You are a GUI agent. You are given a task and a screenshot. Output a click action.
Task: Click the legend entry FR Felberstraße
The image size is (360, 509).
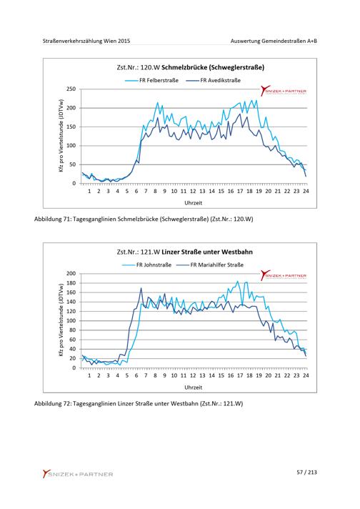(x=151, y=81)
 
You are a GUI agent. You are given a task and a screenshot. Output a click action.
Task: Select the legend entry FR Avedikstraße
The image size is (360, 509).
(x=214, y=81)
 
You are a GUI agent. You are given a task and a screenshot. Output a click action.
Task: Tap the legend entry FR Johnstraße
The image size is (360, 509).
(x=147, y=265)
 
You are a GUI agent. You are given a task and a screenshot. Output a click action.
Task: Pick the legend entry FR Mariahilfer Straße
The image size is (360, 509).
(x=210, y=265)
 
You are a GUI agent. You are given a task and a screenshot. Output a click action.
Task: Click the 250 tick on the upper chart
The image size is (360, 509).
(x=71, y=89)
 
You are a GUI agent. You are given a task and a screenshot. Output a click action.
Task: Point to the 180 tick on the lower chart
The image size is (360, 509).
(x=71, y=283)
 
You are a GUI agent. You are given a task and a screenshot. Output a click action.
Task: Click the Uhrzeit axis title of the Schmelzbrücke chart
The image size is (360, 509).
(x=194, y=203)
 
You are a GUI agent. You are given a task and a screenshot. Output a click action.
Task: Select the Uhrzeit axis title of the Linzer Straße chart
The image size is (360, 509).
(x=194, y=387)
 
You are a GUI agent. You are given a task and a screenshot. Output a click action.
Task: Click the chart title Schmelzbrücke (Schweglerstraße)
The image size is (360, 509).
(x=191, y=67)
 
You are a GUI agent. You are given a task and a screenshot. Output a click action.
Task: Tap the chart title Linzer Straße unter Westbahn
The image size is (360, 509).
(x=184, y=252)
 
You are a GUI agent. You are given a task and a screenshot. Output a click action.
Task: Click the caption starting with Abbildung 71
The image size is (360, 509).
(x=144, y=219)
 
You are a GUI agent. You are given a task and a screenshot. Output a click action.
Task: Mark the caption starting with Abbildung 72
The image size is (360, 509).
(x=139, y=404)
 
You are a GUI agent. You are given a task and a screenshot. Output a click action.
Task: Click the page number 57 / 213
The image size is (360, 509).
(x=306, y=473)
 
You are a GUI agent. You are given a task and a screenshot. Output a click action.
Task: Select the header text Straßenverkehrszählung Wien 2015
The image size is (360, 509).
(x=86, y=41)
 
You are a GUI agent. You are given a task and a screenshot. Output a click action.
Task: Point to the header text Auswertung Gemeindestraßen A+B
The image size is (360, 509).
(x=274, y=41)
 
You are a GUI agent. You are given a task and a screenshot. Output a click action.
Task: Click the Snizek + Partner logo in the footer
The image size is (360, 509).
(x=78, y=474)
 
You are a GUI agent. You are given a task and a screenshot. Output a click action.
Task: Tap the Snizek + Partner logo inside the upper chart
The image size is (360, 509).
(x=284, y=91)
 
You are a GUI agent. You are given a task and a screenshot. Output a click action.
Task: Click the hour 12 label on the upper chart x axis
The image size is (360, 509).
(x=193, y=191)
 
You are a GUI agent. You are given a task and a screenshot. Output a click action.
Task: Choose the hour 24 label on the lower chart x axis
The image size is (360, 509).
(x=306, y=375)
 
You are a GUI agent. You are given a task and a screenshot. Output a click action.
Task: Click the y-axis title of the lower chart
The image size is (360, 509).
(x=61, y=320)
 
